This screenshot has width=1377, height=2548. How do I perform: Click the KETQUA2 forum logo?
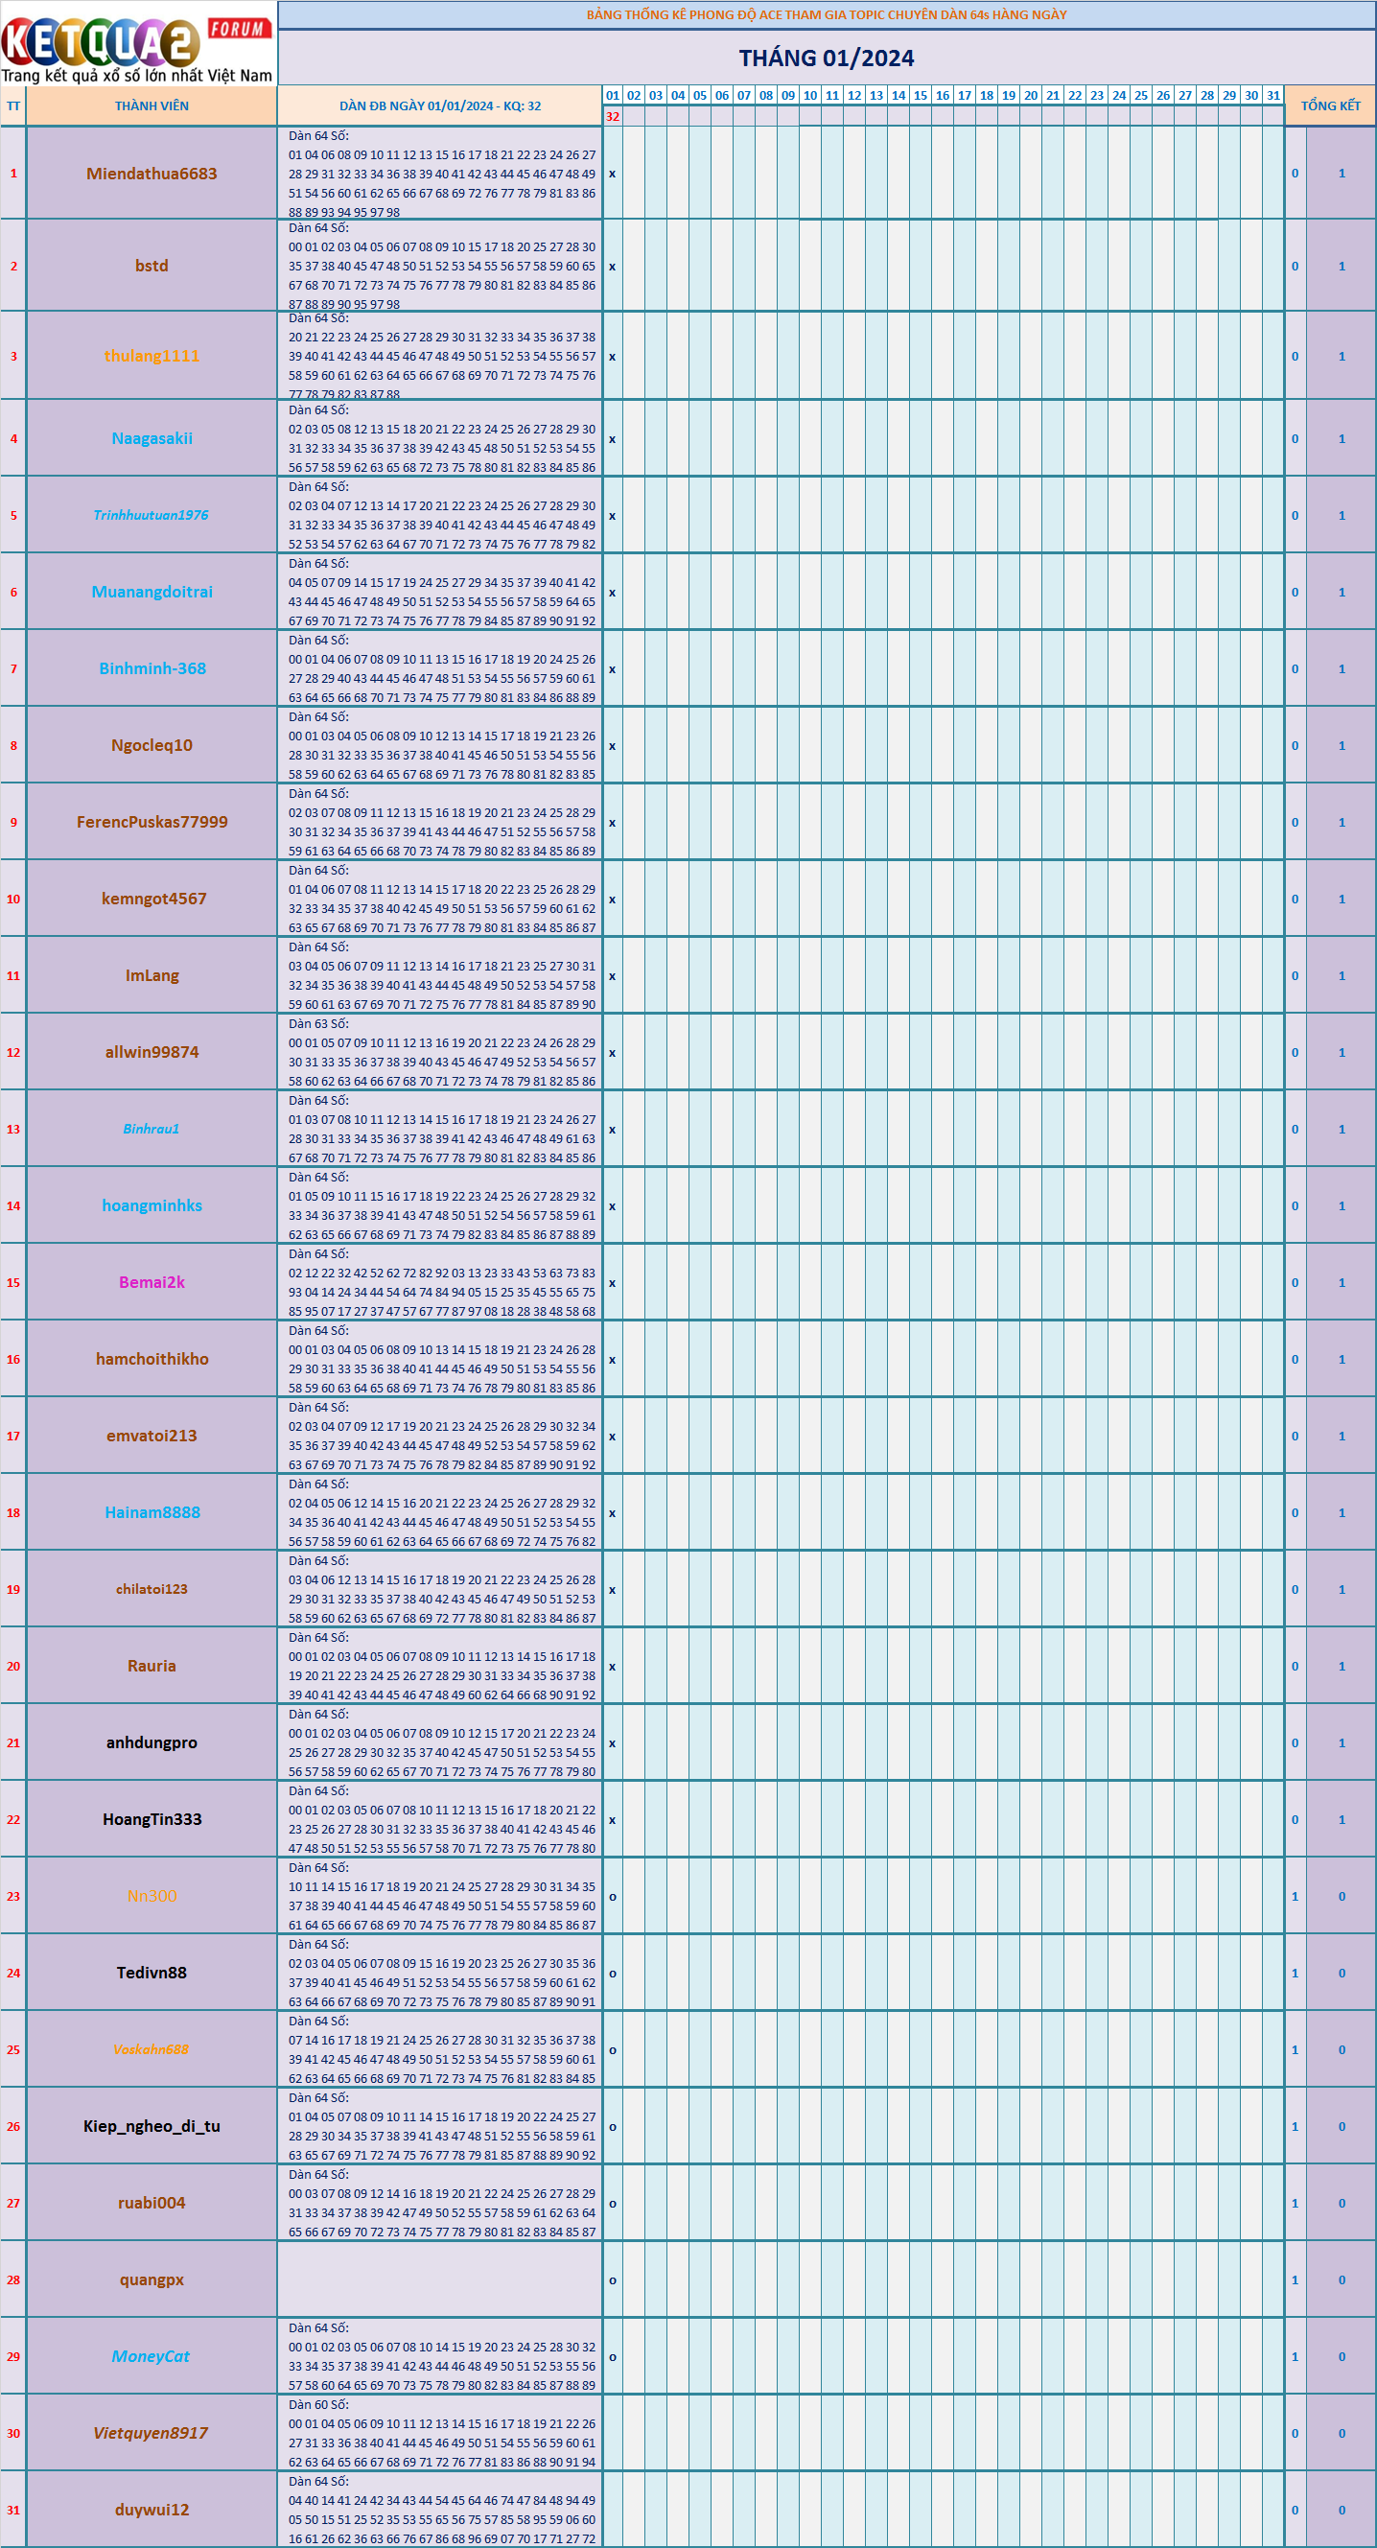136,43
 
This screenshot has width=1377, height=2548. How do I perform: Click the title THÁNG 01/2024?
826,58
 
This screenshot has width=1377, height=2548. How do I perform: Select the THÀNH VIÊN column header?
152,105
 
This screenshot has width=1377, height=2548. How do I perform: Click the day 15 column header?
920,96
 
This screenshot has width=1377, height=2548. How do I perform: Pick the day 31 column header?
1273,96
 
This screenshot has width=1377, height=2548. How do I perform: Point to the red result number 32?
613,117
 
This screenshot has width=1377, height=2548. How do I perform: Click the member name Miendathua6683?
152,175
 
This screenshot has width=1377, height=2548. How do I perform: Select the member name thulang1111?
152,356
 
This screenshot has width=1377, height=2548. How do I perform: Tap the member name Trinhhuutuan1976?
152,515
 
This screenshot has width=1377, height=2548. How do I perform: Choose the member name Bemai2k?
152,1282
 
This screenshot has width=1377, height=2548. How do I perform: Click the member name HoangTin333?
152,1819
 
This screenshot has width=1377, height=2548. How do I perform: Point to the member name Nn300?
152,1896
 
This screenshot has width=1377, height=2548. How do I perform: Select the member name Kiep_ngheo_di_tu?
152,2126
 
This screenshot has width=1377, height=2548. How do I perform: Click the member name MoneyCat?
151,2356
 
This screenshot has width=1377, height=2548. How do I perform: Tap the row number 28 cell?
12,2279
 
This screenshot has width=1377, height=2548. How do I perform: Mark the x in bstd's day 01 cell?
613,267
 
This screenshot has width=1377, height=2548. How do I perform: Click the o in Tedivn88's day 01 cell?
613,1974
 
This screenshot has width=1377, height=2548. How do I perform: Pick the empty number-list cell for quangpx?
439,2279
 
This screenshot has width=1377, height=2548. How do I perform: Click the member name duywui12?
152,2510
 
